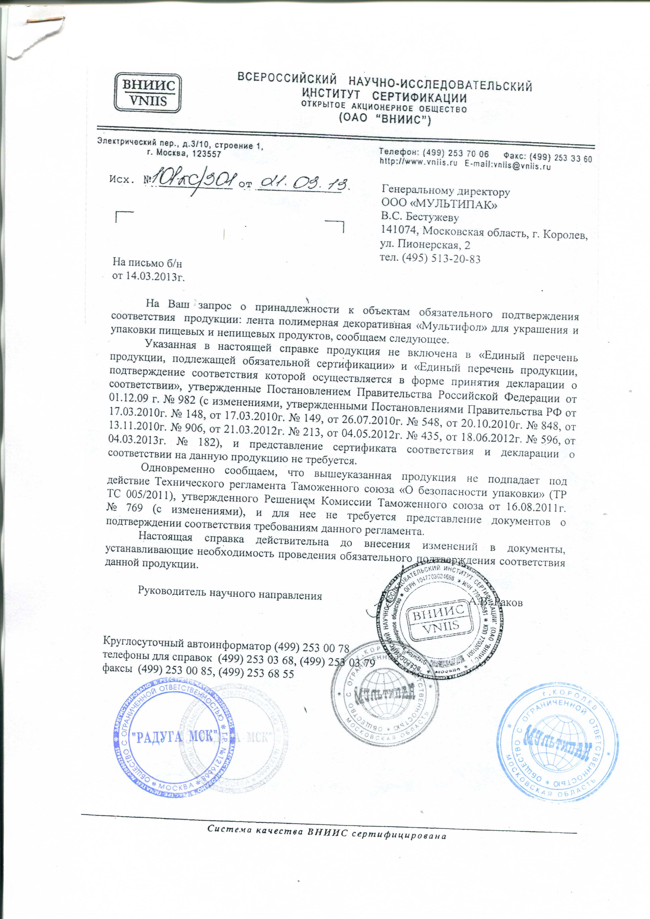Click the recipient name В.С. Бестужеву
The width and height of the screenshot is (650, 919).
[420, 218]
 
